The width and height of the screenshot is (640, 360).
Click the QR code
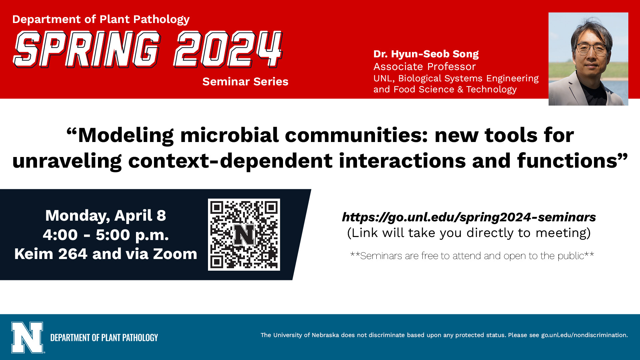244,235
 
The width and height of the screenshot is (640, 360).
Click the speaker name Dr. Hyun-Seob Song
426,54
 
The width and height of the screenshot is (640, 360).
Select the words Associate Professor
424,67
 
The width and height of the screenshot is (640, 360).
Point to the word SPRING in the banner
87,49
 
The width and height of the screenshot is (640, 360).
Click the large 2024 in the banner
228,49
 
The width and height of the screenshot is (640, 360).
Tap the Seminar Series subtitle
245,82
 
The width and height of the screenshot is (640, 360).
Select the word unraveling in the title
67,161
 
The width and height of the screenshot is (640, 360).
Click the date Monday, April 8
106,216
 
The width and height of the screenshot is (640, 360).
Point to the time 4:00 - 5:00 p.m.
106,235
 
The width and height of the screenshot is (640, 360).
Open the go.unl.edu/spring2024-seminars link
469,217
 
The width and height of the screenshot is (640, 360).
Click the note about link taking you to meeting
469,233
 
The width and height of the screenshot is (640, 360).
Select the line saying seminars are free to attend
472,256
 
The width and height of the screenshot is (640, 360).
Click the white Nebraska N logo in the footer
28,337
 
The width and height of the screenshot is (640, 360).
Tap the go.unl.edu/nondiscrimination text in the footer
584,335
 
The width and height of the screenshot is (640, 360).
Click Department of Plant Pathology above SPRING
101,19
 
